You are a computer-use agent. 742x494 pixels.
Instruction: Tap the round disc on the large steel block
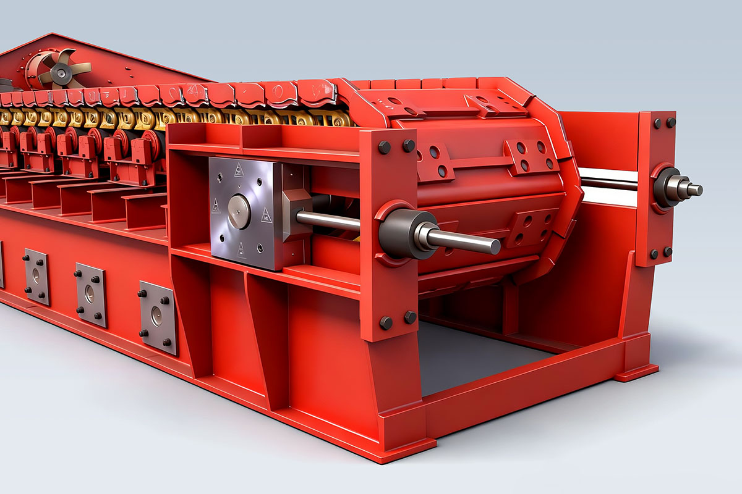pos(239,211)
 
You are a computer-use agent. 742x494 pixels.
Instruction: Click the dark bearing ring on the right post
pos(665,186)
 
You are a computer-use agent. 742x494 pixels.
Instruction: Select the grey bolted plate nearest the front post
pos(157,317)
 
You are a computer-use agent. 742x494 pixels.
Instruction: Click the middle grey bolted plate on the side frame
pos(91,295)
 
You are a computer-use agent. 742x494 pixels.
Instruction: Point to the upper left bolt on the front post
pos(384,147)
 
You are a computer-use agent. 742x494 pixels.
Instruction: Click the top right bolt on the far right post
pos(670,122)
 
